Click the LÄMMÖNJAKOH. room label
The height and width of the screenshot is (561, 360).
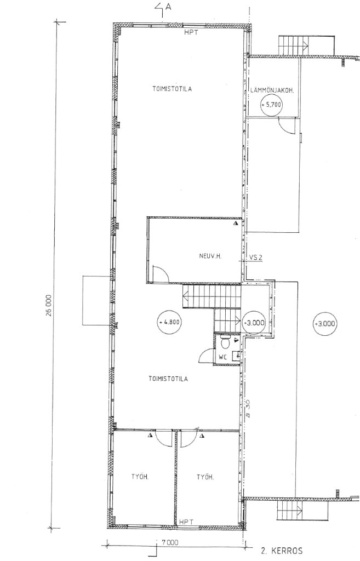pos(275,91)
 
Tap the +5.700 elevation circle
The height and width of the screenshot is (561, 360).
pos(271,105)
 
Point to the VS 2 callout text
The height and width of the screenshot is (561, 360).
pos(256,257)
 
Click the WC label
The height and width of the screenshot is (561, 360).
pos(222,357)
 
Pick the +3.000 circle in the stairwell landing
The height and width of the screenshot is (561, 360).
pos(253,323)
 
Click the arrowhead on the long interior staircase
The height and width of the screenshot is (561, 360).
pos(186,296)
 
